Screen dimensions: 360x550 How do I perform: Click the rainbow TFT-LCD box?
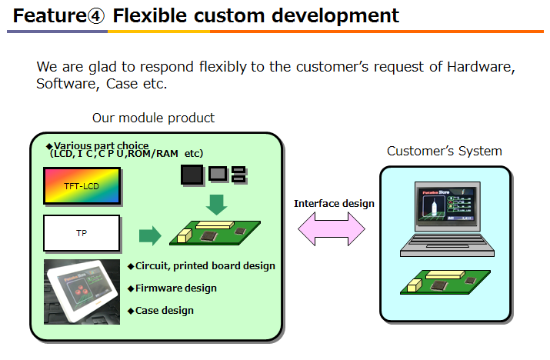(82, 185)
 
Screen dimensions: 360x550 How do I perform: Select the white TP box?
(82, 232)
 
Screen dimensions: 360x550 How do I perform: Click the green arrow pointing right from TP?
(151, 235)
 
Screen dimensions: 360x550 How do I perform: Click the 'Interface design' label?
(335, 203)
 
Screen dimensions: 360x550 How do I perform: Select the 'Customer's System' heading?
(444, 151)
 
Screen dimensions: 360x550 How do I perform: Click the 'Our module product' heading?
(154, 118)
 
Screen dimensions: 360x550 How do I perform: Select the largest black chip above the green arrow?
(192, 175)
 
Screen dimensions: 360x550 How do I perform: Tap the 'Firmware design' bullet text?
(175, 288)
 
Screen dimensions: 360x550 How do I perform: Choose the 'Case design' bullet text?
(164, 310)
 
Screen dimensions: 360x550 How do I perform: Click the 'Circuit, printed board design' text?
(205, 266)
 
